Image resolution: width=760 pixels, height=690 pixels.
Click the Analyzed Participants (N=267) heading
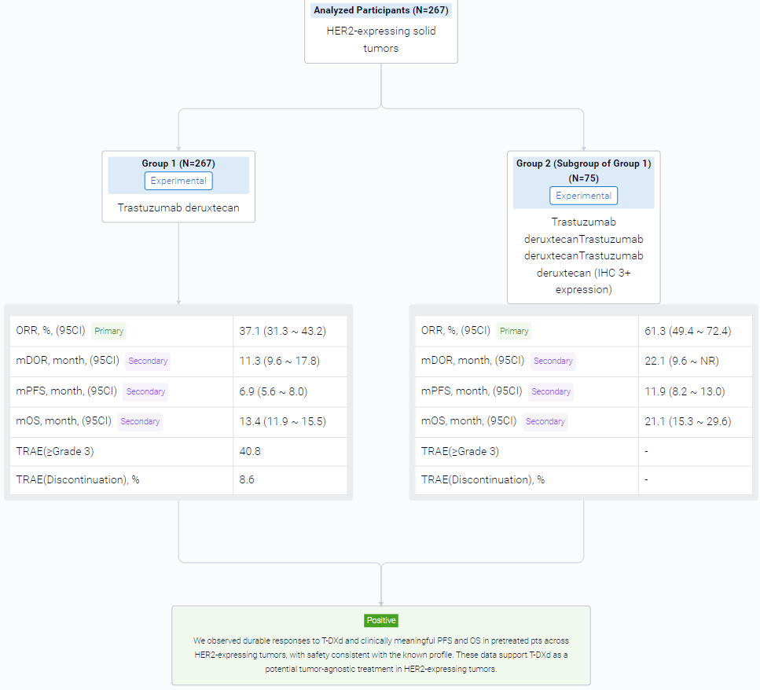click(381, 10)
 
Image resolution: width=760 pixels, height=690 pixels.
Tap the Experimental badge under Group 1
click(178, 181)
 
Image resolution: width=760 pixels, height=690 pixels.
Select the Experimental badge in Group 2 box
click(584, 196)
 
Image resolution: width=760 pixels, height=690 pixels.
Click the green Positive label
click(381, 620)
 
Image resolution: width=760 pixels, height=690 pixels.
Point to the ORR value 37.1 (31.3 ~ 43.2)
click(283, 331)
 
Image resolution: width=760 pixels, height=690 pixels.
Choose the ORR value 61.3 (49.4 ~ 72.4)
click(688, 331)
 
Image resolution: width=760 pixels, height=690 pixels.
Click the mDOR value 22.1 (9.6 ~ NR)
click(681, 361)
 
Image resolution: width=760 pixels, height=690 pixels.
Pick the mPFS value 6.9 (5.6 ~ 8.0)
click(274, 391)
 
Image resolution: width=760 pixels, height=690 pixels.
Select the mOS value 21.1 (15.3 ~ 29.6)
click(688, 421)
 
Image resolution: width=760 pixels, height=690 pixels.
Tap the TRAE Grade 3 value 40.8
click(250, 451)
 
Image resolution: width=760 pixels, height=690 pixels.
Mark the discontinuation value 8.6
click(247, 479)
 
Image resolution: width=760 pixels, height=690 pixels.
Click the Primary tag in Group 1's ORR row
click(108, 331)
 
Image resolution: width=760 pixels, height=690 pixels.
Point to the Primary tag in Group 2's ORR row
click(514, 331)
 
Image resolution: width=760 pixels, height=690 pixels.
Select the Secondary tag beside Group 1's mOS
click(140, 421)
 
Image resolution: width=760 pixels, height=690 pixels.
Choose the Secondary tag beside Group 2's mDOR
click(553, 361)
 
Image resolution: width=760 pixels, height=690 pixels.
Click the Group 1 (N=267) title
click(178, 163)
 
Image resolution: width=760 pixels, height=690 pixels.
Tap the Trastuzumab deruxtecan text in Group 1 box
click(178, 208)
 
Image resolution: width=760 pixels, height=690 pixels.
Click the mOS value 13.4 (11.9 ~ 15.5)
click(283, 421)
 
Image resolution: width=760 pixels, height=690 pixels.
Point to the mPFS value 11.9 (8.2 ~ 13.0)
click(685, 391)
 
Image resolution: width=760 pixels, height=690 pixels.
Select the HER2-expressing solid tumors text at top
click(381, 39)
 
